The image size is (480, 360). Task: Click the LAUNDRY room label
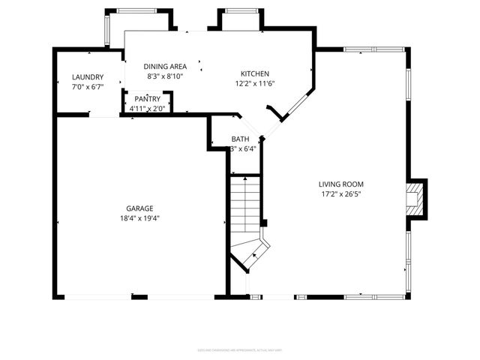[88, 77]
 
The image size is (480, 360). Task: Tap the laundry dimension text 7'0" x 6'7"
[88, 87]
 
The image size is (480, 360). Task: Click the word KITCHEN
[254, 73]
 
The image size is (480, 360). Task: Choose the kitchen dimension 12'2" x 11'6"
[254, 82]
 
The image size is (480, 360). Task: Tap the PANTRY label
[147, 99]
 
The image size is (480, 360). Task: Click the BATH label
[240, 139]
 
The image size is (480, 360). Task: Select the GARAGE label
[140, 208]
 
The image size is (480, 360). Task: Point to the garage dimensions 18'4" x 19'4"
[140, 218]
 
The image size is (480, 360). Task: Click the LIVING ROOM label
[340, 184]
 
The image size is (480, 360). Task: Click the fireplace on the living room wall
[415, 199]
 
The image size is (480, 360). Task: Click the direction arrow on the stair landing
[253, 256]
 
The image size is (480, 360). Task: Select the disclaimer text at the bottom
[239, 349]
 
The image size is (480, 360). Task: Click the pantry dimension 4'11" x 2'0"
[147, 109]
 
